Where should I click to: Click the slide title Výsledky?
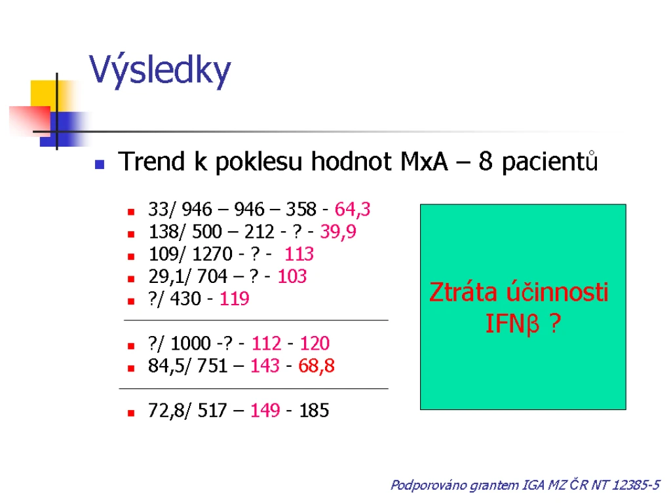tap(160, 70)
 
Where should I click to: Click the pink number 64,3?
tap(352, 210)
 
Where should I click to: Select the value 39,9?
tap(338, 232)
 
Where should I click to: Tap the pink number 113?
tap(299, 254)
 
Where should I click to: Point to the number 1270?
tap(212, 254)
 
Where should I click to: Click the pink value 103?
tap(292, 276)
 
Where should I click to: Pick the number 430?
tap(185, 299)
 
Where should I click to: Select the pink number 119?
tap(234, 299)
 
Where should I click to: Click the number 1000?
tap(191, 343)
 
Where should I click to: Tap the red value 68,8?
tap(316, 366)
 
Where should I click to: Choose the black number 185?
tap(314, 411)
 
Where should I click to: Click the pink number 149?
tap(265, 411)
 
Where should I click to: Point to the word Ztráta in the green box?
tap(463, 292)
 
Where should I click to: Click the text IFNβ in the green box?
tap(512, 324)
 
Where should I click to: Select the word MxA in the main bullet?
tap(424, 162)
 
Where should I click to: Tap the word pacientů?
tap(550, 162)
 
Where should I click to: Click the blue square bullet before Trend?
tap(100, 164)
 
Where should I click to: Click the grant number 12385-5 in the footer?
tap(636, 485)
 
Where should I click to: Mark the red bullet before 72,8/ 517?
tap(131, 413)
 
